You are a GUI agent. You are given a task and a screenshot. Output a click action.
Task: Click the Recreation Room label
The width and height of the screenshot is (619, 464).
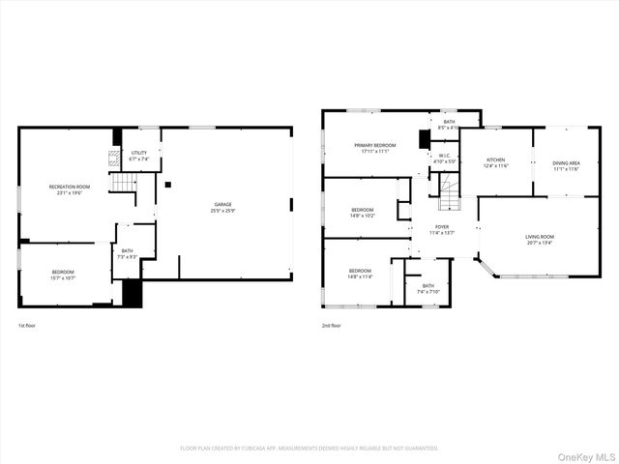[70, 188]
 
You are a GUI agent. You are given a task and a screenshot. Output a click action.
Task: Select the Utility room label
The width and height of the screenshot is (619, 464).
[139, 156]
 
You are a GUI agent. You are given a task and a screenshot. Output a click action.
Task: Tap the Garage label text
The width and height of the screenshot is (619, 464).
[222, 207]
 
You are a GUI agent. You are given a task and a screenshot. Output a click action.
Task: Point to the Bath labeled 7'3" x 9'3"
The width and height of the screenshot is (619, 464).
[128, 253]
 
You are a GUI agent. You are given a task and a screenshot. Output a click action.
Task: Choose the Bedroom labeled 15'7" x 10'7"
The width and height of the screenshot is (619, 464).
[63, 275]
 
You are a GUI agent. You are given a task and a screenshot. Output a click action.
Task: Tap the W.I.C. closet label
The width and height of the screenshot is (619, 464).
[444, 158]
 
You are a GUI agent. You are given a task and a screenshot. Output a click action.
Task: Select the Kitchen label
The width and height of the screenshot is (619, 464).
[495, 162]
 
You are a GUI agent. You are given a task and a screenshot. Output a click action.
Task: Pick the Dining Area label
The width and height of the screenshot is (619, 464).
[567, 165]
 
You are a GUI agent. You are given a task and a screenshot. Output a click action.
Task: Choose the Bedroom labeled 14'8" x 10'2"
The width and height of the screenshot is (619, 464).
[363, 213]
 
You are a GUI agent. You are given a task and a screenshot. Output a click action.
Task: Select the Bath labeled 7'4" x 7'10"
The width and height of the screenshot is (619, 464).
[427, 289]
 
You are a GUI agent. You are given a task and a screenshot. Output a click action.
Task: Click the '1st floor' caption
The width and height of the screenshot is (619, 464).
[28, 326]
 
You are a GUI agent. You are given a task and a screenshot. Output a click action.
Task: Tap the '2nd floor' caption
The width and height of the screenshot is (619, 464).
[332, 326]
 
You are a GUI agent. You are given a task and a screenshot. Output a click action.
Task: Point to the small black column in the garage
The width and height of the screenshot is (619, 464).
[167, 184]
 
